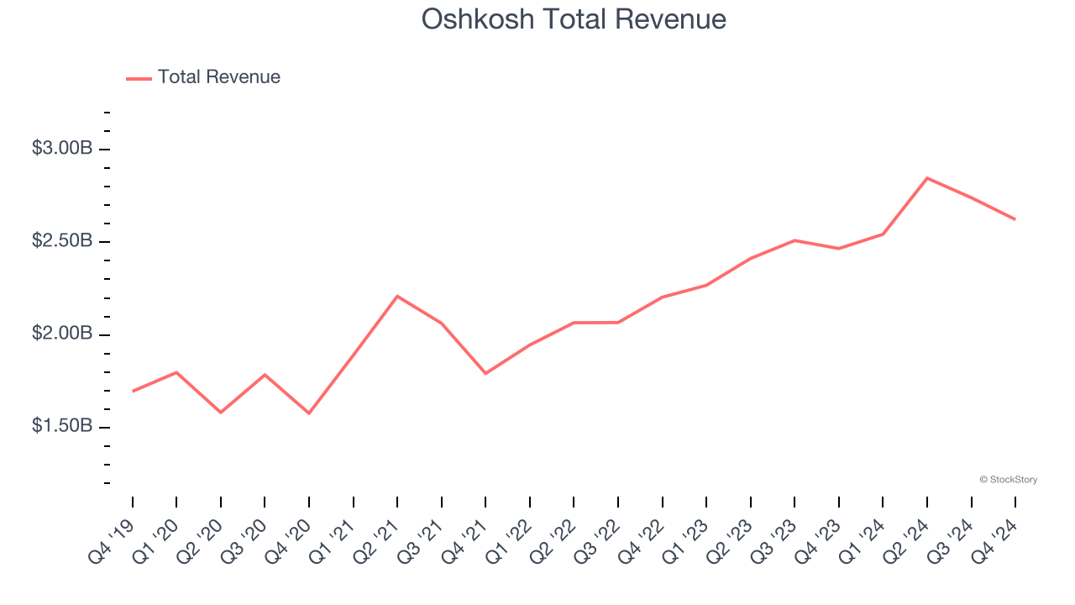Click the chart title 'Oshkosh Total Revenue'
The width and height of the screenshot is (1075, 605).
click(x=574, y=19)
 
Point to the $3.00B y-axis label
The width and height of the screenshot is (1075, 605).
click(x=61, y=149)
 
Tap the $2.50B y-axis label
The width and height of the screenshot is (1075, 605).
click(x=61, y=242)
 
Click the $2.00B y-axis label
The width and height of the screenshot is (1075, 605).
click(x=61, y=334)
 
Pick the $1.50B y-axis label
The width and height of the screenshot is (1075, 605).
click(x=61, y=427)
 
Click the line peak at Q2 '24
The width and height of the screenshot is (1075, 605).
click(x=927, y=178)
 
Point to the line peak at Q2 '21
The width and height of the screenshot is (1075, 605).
click(x=397, y=296)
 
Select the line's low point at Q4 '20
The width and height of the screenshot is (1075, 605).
click(x=309, y=413)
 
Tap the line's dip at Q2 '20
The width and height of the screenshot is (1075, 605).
click(x=221, y=413)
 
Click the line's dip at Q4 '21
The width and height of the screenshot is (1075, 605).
click(x=485, y=373)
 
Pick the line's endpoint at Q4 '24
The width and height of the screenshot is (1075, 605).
click(x=1015, y=219)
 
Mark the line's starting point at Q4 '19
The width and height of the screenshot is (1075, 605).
click(x=133, y=392)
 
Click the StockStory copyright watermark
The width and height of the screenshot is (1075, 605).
click(x=1008, y=480)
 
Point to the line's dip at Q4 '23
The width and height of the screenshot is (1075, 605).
click(x=838, y=249)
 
